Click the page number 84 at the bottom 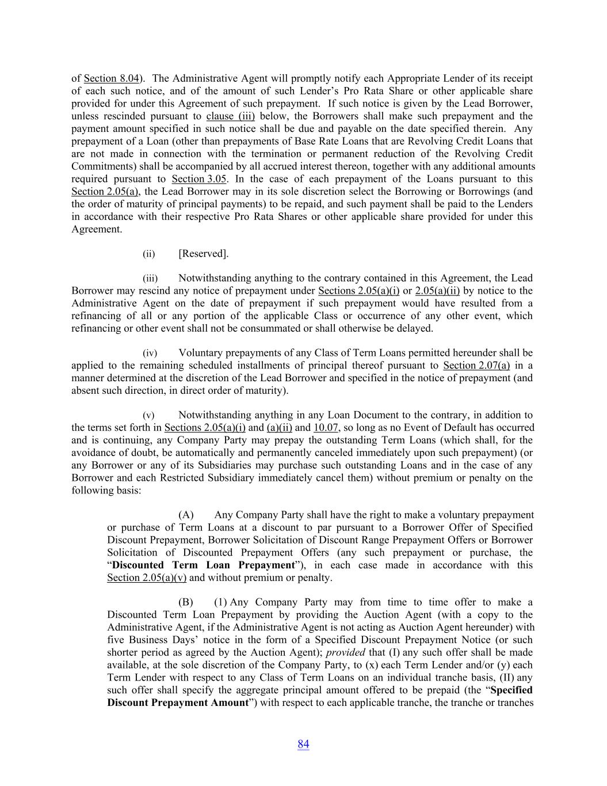(303, 744)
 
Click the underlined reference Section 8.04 (112, 78)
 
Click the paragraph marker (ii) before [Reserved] (149, 254)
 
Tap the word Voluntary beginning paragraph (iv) (200, 352)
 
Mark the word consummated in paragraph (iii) (306, 328)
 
